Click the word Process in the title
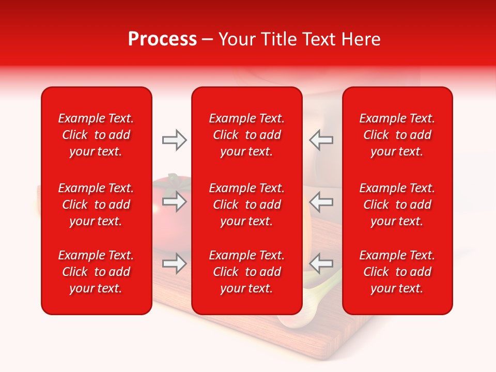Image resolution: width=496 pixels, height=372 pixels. (162, 39)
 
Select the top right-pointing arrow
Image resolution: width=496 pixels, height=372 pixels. (174, 140)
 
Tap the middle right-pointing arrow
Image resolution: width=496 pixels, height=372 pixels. (174, 202)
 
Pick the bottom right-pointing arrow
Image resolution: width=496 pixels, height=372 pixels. (174, 263)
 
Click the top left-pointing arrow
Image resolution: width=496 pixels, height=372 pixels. (321, 140)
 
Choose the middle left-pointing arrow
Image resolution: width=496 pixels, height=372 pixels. (321, 202)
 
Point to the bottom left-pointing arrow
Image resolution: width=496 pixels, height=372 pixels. (321, 263)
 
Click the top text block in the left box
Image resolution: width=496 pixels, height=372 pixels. (96, 135)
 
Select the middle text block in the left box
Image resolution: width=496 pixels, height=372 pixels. (96, 205)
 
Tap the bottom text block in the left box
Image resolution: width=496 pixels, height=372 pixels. (96, 272)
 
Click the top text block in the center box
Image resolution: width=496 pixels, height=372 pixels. (246, 135)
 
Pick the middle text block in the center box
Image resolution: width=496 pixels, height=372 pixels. (246, 205)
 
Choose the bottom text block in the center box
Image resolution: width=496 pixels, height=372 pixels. (246, 272)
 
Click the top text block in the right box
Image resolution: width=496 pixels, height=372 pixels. (397, 135)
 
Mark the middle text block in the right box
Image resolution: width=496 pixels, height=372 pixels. (397, 205)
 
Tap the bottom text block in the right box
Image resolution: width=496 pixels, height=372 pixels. (397, 272)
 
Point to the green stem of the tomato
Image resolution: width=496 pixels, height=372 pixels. (175, 179)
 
